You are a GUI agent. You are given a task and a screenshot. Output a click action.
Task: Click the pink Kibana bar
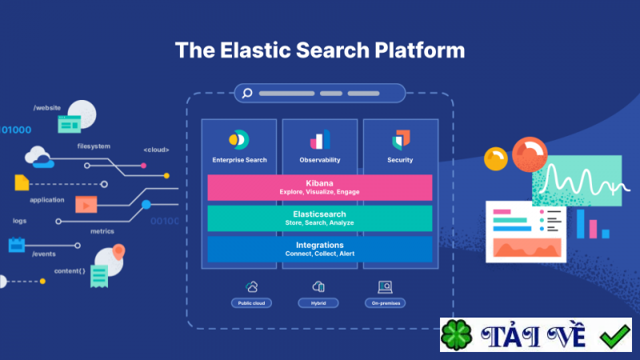coord(319,187)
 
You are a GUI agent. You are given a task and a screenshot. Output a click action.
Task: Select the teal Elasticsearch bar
coord(319,218)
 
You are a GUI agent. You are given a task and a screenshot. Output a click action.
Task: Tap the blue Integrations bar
coord(319,249)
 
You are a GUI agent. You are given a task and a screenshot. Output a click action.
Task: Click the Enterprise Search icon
coord(239,140)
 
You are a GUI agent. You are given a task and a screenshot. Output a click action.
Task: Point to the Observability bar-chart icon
coord(320,140)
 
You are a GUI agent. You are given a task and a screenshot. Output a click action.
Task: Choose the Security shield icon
coord(400,140)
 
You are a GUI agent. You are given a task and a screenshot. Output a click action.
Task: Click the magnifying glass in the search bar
coord(247,94)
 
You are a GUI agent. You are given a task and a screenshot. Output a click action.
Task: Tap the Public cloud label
coord(252,303)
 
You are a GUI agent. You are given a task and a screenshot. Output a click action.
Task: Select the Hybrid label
coord(319,303)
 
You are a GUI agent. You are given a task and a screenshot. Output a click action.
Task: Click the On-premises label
coord(385,303)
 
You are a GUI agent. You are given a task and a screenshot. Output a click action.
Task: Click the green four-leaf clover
coord(458,335)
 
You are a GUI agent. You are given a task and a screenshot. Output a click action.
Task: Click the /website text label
coord(47,107)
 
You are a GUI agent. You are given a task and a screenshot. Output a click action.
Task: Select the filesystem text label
coord(94,146)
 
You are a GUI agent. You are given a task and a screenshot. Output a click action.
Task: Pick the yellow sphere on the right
coord(496,158)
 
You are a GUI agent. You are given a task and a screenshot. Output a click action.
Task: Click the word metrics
coord(102,231)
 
